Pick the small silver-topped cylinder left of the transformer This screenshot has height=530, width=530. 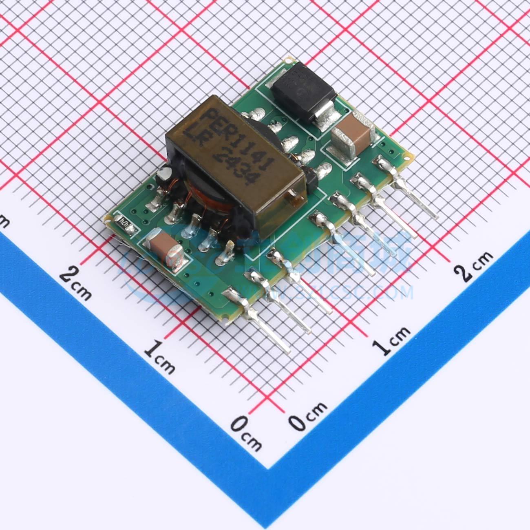[165, 174]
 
